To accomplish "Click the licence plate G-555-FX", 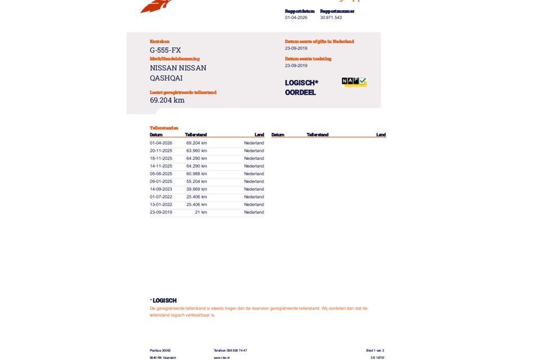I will click(165, 50).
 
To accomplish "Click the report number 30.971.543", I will click(331, 17).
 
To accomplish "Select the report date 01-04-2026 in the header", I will click(296, 17).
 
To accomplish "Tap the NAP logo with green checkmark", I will click(354, 82).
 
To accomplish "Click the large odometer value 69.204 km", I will click(167, 100).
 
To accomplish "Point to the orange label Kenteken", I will click(159, 42).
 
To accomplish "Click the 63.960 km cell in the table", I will click(196, 151).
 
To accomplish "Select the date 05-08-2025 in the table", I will click(161, 174).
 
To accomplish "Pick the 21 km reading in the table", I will click(201, 212).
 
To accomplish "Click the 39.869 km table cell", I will click(196, 189).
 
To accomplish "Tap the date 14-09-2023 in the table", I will click(161, 189).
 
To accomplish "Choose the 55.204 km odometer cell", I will click(196, 182).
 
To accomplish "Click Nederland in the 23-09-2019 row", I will click(254, 212).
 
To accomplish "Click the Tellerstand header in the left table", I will click(196, 135).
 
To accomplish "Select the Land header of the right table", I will click(381, 135).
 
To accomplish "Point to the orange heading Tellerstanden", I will click(164, 128).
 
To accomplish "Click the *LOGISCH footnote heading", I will click(164, 300).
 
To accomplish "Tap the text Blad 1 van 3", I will click(375, 350).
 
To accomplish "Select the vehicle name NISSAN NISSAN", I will click(178, 68).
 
